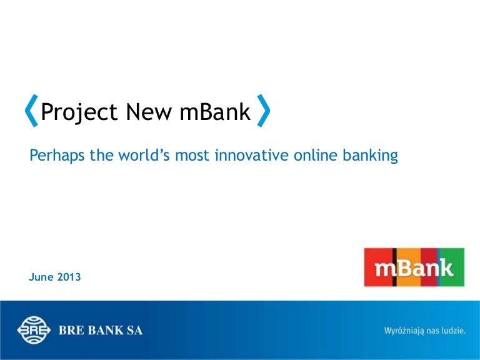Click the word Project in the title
79,112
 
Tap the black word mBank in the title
215,111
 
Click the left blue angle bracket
31,111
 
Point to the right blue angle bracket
264,111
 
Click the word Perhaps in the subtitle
57,156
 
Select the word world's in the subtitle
144,154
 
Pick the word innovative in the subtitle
252,154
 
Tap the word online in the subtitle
315,154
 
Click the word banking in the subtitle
370,156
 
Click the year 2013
69,277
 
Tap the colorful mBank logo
414,267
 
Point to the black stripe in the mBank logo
395,267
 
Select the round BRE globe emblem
34,330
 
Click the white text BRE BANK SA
101,331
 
